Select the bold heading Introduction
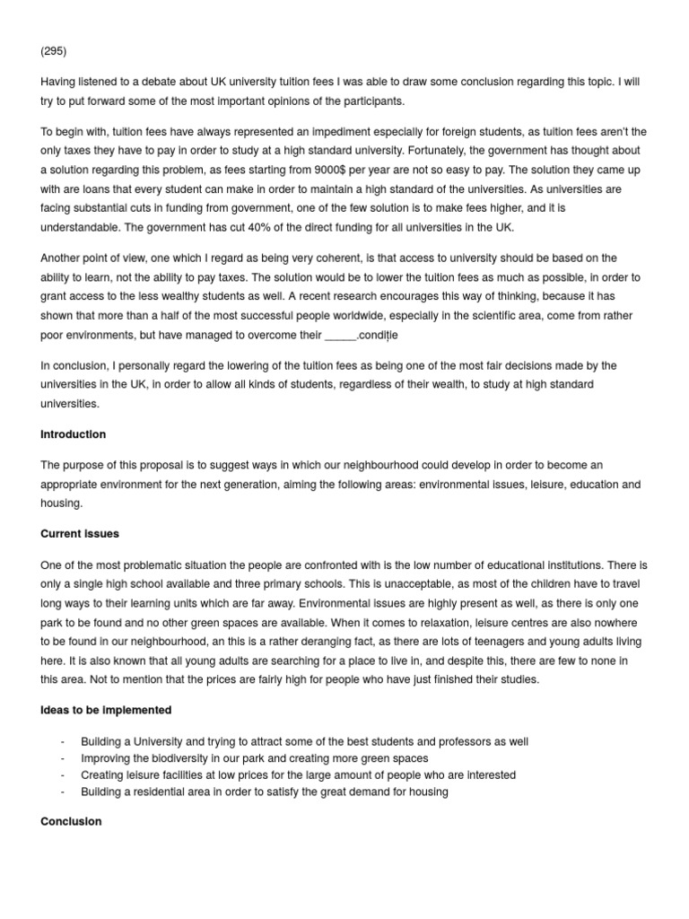[74, 434]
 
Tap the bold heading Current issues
[80, 533]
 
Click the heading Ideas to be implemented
[106, 710]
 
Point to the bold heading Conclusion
[71, 821]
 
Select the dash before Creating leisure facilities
[62, 775]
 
